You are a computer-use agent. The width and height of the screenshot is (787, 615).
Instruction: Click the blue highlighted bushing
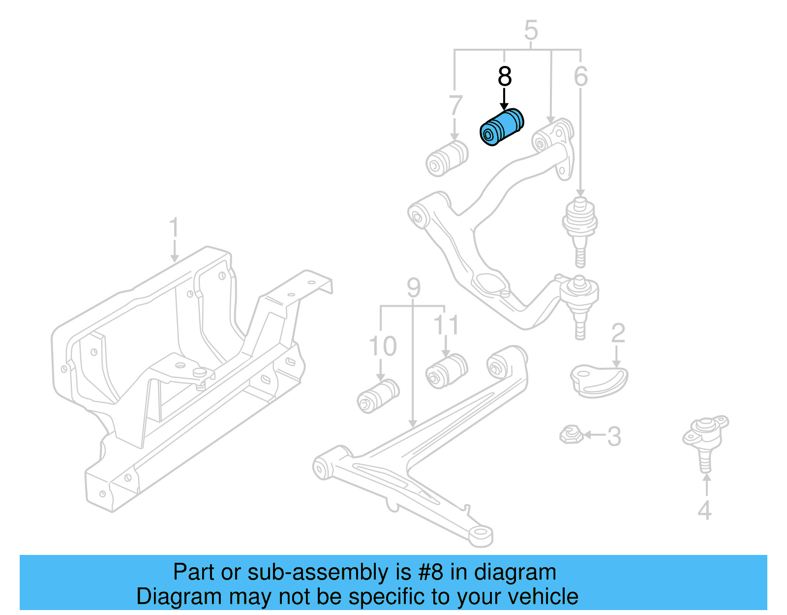click(x=502, y=127)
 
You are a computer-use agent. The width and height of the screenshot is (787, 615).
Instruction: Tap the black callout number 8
click(x=505, y=77)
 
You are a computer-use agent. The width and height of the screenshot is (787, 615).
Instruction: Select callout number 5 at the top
click(x=531, y=31)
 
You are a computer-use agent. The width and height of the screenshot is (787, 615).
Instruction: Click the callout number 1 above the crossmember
click(x=174, y=229)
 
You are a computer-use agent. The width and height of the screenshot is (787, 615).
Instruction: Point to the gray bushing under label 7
click(x=447, y=158)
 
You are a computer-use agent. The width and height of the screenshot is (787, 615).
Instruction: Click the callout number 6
click(x=581, y=77)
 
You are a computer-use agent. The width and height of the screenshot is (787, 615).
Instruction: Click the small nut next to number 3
click(x=571, y=434)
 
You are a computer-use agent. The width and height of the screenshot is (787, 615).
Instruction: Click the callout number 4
click(x=704, y=510)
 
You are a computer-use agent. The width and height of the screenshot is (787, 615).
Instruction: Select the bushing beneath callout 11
click(x=446, y=371)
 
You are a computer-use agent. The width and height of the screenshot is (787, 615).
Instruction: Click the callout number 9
click(x=414, y=288)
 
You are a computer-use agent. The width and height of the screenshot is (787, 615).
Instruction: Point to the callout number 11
click(x=446, y=325)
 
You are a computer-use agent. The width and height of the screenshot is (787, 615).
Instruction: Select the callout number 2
click(x=618, y=334)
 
